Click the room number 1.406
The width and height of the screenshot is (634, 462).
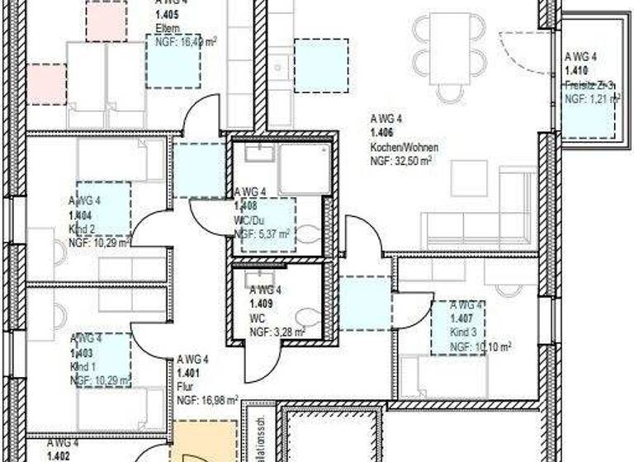coord(381,132)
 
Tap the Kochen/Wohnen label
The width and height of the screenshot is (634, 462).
coord(399,146)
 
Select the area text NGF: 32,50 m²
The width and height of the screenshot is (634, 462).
coord(402,161)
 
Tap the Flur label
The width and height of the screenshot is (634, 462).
coord(185,386)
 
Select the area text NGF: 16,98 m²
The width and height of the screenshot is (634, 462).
coord(207,401)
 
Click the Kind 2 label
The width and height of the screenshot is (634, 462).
coord(83,229)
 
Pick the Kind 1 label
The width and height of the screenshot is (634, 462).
coord(83,366)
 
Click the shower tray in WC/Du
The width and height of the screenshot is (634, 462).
coord(306,172)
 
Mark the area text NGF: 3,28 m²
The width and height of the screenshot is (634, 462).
coord(277,332)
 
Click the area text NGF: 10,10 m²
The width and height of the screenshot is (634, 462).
coord(480,346)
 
